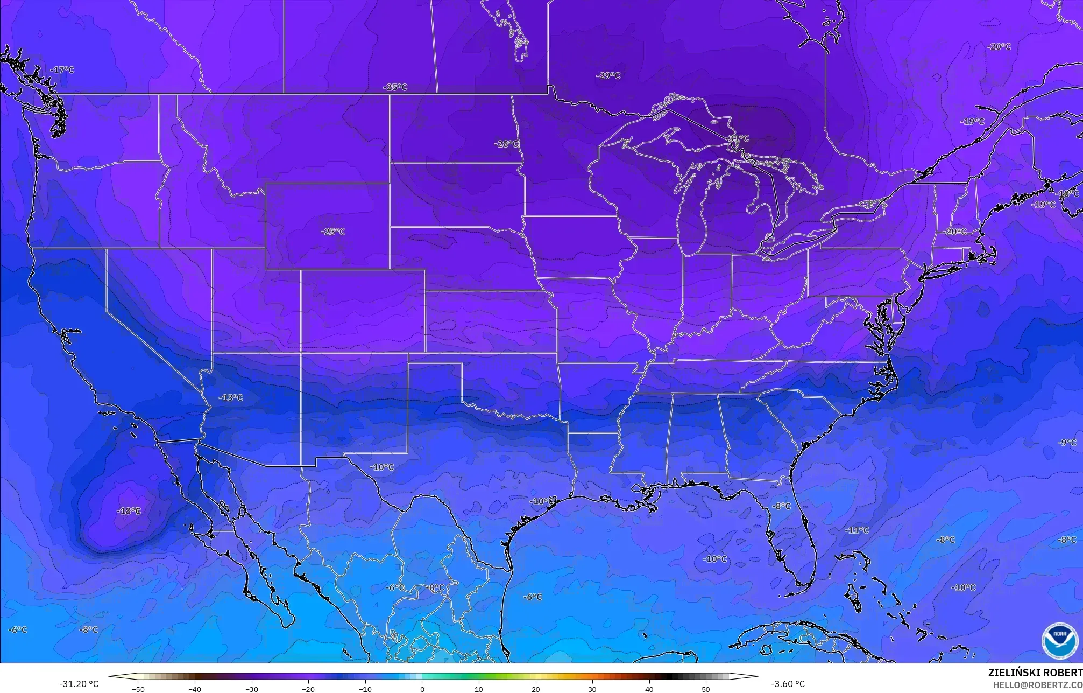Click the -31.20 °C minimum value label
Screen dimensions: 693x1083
[x=79, y=684]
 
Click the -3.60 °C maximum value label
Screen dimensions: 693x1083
[x=788, y=684]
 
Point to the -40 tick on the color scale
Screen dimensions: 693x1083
[x=195, y=689]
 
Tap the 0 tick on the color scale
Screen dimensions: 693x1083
[x=422, y=689]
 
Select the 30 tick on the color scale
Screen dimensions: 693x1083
[x=592, y=689]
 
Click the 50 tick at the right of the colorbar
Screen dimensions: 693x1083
[x=706, y=689]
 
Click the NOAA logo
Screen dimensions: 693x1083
[x=1059, y=640]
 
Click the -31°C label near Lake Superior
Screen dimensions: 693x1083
[x=738, y=138]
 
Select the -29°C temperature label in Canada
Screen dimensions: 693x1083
[x=608, y=76]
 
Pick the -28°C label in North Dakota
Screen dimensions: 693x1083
[x=506, y=144]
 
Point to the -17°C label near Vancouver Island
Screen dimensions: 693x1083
[x=62, y=70]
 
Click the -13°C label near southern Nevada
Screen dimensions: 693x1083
[x=231, y=398]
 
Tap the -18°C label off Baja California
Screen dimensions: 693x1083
[x=129, y=511]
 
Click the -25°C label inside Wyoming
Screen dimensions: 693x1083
[x=333, y=232]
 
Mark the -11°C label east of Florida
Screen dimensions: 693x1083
[x=857, y=530]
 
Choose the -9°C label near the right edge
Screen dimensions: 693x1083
[x=1067, y=443]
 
